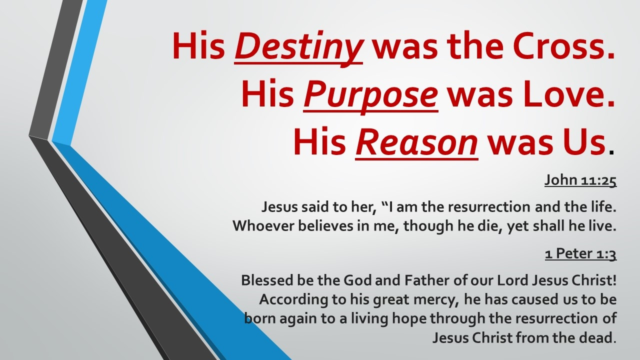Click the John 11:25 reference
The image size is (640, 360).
(580, 180)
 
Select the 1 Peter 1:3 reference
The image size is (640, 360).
(581, 254)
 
